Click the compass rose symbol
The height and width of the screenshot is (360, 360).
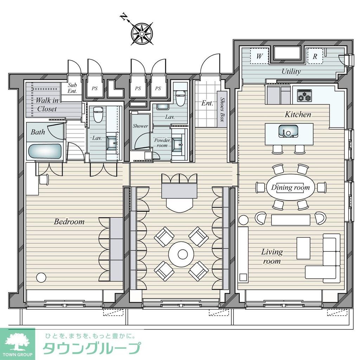(x=142, y=34)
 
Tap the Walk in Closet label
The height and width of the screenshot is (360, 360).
(x=46, y=104)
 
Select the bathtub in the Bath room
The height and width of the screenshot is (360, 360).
(x=44, y=151)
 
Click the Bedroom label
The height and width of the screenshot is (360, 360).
(x=69, y=222)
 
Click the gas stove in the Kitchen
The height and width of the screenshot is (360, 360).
(x=304, y=96)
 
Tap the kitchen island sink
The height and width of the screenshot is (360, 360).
(x=289, y=131)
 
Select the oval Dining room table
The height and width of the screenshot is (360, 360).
(x=290, y=187)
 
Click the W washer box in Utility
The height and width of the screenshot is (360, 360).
(x=259, y=56)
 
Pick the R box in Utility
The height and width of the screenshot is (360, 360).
(x=315, y=56)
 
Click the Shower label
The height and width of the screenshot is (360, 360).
(x=140, y=126)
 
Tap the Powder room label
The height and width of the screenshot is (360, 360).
(x=162, y=142)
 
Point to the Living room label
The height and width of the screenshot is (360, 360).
(x=272, y=256)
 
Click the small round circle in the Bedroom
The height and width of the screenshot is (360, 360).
(x=41, y=277)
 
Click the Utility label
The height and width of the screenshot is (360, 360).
(x=291, y=71)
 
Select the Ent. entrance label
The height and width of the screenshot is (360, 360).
(x=207, y=103)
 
